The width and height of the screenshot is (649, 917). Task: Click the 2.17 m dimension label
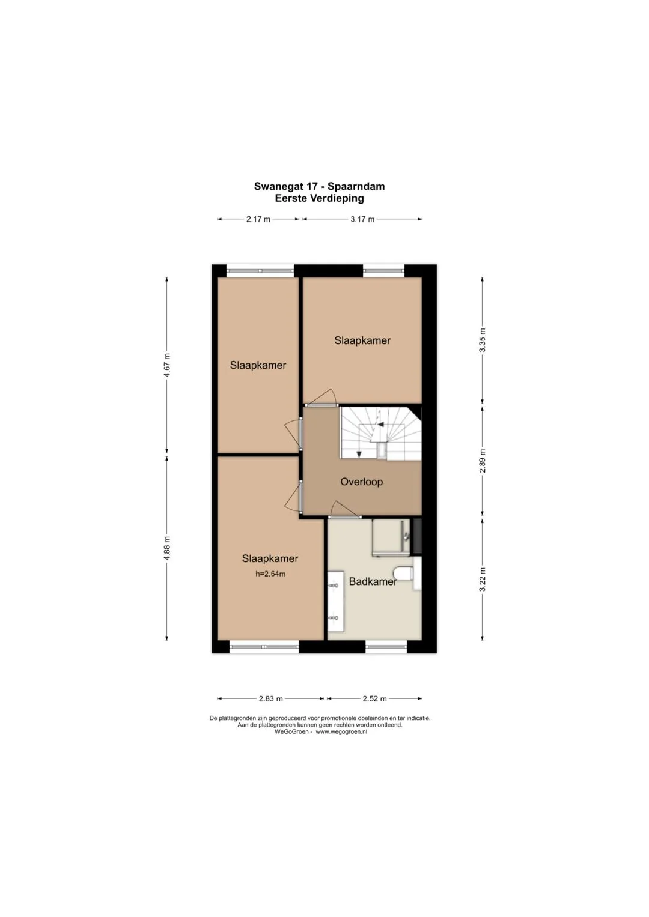pyautogui.click(x=258, y=219)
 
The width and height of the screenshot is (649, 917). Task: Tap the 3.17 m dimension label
pyautogui.click(x=362, y=219)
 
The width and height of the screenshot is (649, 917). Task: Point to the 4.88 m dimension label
pyautogui.click(x=167, y=548)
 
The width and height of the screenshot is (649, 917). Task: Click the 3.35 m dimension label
pyautogui.click(x=482, y=340)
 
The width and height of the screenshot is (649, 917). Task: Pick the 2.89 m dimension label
pyautogui.click(x=482, y=461)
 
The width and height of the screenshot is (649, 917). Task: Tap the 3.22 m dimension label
pyautogui.click(x=482, y=580)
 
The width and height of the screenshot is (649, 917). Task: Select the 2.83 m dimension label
pyautogui.click(x=270, y=698)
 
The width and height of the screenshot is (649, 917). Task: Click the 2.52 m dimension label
pyautogui.click(x=374, y=698)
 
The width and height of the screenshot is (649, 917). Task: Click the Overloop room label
pyautogui.click(x=361, y=482)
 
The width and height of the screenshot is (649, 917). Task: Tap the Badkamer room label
pyautogui.click(x=373, y=581)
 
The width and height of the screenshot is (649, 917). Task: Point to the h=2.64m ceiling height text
pyautogui.click(x=270, y=574)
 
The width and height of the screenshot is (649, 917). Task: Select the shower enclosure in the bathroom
pyautogui.click(x=391, y=537)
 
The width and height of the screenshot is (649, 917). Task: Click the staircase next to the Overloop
pyautogui.click(x=381, y=433)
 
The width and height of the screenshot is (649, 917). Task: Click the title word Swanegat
pyautogui.click(x=279, y=187)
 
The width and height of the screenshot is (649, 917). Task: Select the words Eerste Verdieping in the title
pyautogui.click(x=319, y=199)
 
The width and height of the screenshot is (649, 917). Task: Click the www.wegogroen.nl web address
pyautogui.click(x=341, y=731)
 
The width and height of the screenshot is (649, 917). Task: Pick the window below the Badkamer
pyautogui.click(x=386, y=647)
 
